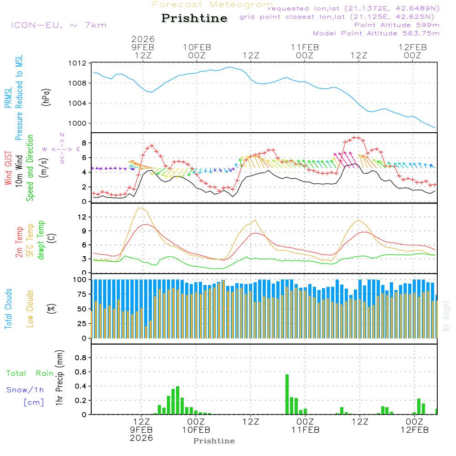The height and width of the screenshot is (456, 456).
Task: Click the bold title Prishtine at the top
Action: (x=194, y=18)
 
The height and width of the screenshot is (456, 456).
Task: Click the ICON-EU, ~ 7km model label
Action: (x=58, y=25)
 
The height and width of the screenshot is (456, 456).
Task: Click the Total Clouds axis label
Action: (x=9, y=309)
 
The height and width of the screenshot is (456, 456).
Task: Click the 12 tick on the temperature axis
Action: (x=81, y=217)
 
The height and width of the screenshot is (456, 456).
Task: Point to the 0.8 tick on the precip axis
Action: (x=80, y=358)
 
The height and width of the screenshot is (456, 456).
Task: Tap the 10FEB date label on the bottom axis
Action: (x=196, y=430)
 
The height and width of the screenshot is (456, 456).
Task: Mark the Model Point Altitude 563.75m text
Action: (x=376, y=33)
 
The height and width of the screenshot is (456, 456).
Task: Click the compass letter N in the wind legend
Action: (x=62, y=135)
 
